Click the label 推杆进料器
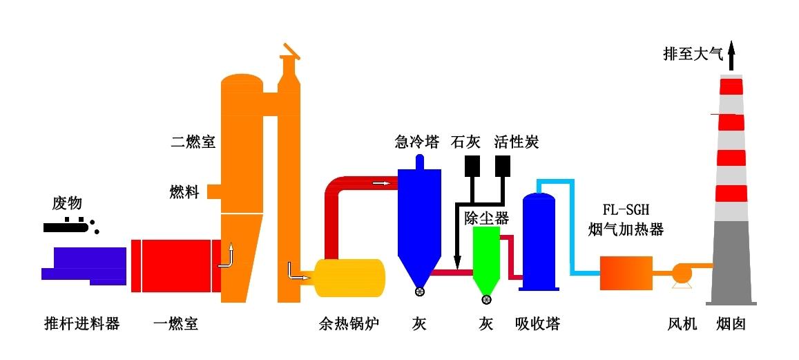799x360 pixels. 81,323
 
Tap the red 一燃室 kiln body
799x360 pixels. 176,265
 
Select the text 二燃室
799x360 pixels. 193,143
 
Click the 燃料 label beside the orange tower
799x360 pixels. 184,191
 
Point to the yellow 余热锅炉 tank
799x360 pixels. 349,278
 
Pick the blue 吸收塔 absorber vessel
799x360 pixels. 539,242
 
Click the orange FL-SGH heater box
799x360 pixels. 626,273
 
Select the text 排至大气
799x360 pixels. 693,54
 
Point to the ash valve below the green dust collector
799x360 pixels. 486,299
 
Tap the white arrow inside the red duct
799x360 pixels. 379,183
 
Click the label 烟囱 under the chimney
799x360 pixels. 731,323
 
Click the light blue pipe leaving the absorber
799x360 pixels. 572,228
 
